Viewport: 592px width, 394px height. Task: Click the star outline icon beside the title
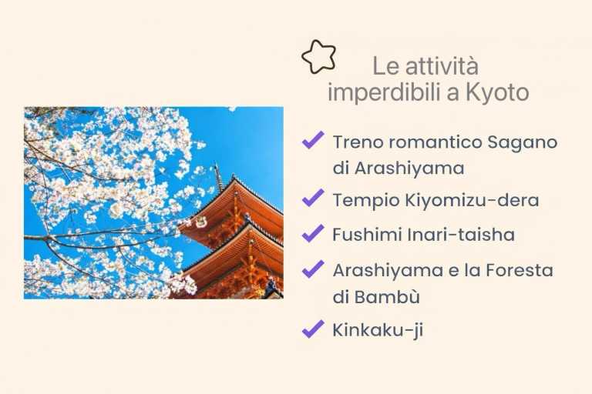318,56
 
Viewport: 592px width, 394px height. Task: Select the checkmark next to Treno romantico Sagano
312,141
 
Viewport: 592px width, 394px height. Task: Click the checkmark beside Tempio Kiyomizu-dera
312,199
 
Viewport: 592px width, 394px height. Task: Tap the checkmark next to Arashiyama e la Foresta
312,269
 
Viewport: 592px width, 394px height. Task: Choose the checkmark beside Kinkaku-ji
312,329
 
